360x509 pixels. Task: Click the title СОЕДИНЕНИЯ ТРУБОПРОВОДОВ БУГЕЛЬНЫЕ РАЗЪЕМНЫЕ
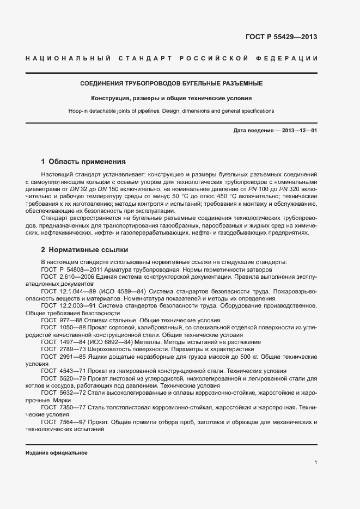click(x=172, y=84)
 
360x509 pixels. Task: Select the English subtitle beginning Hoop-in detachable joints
click(x=172, y=111)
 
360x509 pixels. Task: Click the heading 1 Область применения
click(x=83, y=162)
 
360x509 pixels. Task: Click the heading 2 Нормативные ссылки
click(x=84, y=250)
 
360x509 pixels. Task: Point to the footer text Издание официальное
click(x=57, y=453)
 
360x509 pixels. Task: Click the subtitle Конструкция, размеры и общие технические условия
click(x=172, y=99)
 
